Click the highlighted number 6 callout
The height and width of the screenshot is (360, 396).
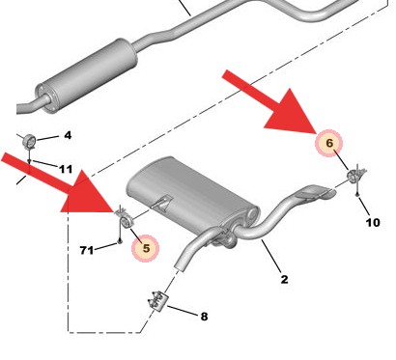(x=328, y=144)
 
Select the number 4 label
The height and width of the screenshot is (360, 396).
(x=68, y=135)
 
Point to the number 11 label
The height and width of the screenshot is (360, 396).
(x=65, y=170)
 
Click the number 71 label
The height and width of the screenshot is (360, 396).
(x=87, y=251)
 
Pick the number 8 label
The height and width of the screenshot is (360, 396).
(x=204, y=316)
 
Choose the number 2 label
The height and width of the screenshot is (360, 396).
(x=284, y=281)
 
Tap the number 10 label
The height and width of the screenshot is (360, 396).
(x=373, y=223)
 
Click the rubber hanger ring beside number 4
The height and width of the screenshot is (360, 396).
(x=30, y=137)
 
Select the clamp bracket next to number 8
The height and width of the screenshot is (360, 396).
(x=156, y=301)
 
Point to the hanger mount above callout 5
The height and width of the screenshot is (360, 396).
(x=122, y=219)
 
